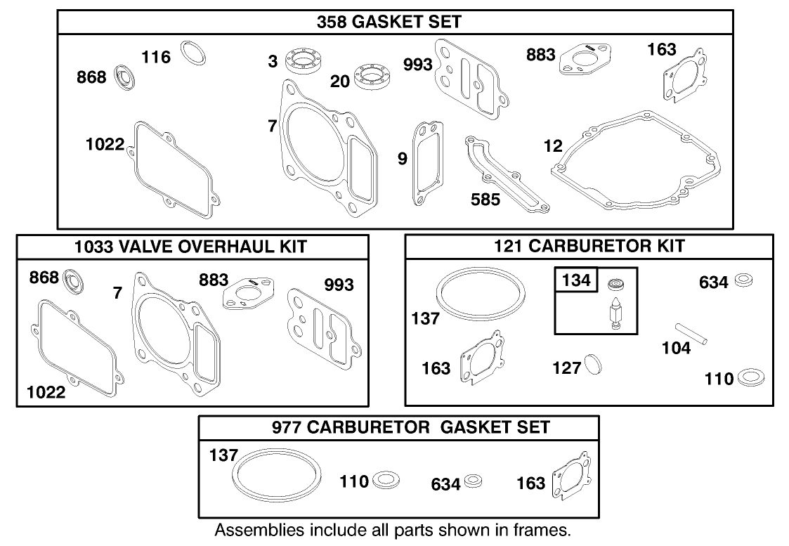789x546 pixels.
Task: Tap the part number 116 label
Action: pyautogui.click(x=156, y=57)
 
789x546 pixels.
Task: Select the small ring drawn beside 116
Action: pyautogui.click(x=193, y=53)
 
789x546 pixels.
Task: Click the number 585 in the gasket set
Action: pyautogui.click(x=485, y=200)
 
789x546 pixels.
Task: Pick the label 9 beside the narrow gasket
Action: pyautogui.click(x=402, y=160)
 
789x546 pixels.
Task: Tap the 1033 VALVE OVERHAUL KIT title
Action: pyautogui.click(x=193, y=247)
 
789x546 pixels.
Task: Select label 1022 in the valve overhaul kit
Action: pyautogui.click(x=46, y=392)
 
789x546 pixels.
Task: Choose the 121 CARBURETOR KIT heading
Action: pyautogui.click(x=589, y=246)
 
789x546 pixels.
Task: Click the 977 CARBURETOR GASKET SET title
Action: pyautogui.click(x=399, y=427)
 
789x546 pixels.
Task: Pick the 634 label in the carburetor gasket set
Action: pyautogui.click(x=445, y=485)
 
